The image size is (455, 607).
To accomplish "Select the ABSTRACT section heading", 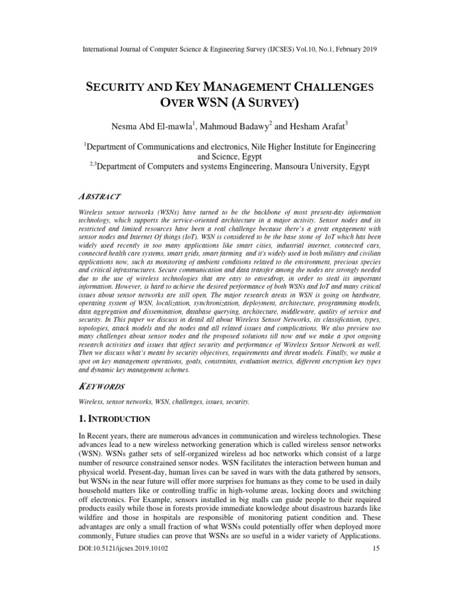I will coord(99,196).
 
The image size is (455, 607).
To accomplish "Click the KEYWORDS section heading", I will coord(102,386).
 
